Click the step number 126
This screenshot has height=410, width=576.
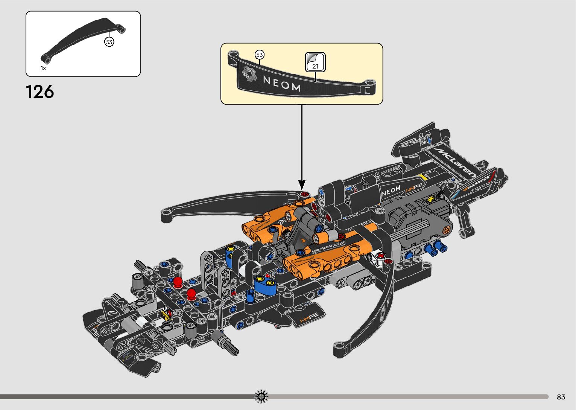pos(40,92)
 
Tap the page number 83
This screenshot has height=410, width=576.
pos(561,397)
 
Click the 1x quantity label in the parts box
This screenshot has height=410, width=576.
pos(43,68)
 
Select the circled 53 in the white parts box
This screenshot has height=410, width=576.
pos(109,42)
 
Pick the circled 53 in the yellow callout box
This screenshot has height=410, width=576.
pos(260,55)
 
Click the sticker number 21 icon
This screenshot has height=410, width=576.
pos(315,62)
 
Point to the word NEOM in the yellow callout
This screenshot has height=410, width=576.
pos(282,84)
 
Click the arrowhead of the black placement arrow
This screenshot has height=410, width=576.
pos(302,185)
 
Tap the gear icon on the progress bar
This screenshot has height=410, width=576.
pos(261,396)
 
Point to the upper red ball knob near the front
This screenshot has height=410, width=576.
pos(178,281)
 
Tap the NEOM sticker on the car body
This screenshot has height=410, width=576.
pos(391,191)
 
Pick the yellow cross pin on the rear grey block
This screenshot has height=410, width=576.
pos(430,200)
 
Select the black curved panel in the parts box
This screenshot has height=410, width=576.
pos(83,40)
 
